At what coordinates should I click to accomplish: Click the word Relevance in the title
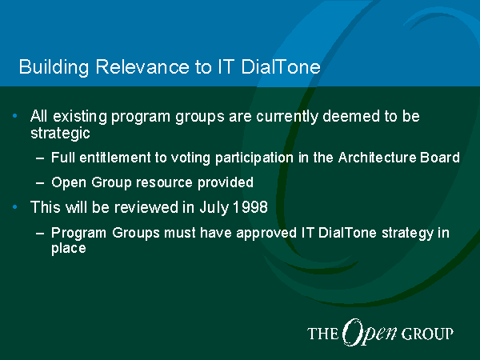tap(142, 66)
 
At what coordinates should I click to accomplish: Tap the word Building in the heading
tap(54, 67)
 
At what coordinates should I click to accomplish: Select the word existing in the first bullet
tap(80, 117)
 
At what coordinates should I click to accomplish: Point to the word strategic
tap(60, 133)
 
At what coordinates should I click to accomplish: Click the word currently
tap(287, 117)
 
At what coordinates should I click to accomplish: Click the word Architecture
tap(377, 158)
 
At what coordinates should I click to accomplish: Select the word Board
tap(439, 158)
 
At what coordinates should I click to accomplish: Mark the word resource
tap(164, 182)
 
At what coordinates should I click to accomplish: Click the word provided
tap(226, 182)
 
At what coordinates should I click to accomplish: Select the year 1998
tap(250, 207)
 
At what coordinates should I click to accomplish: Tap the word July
tap(214, 207)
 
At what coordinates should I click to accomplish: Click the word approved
tap(266, 233)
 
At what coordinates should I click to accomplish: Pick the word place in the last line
tap(69, 248)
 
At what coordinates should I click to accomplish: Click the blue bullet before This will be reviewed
tap(15, 207)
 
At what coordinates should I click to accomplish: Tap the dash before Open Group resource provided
tap(40, 183)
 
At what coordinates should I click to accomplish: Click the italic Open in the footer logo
tap(370, 333)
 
